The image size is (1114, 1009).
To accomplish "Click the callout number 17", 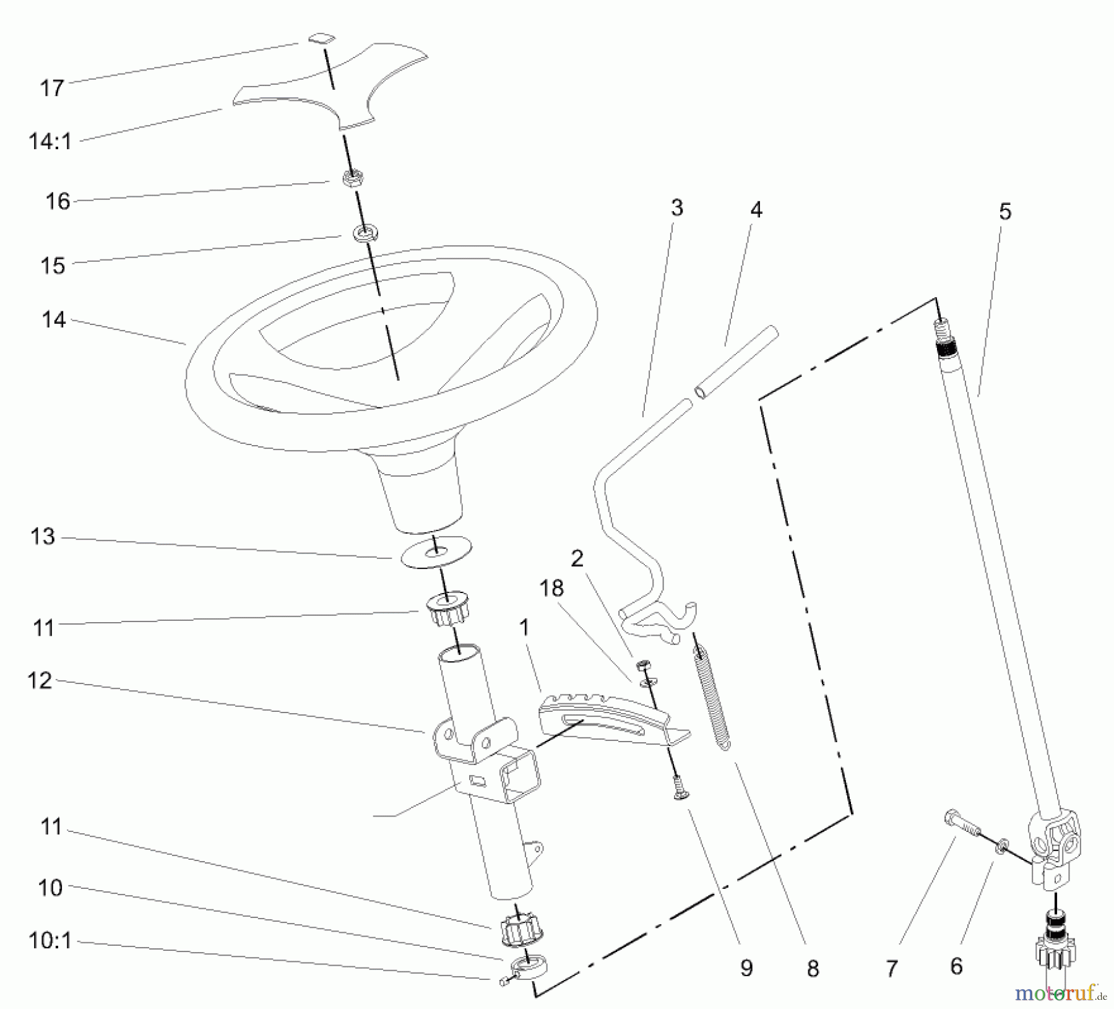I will (x=52, y=88).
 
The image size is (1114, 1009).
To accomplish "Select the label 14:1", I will (x=50, y=142).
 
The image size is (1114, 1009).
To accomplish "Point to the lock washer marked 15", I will (x=366, y=234).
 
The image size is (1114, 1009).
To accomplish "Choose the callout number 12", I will (x=40, y=681).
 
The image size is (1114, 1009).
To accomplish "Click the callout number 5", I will (x=1005, y=212).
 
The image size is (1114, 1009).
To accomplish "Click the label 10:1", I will (x=50, y=942).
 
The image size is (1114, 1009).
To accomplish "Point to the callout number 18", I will (x=551, y=588).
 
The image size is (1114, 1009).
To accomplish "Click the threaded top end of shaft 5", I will (x=943, y=334).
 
